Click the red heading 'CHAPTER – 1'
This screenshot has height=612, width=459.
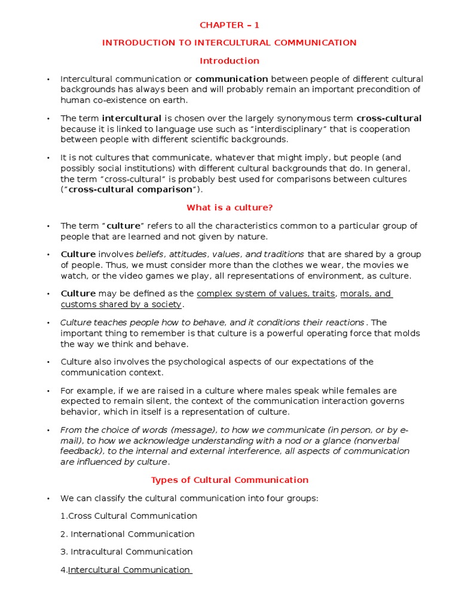click(229, 25)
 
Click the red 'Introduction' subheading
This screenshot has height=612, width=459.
click(229, 61)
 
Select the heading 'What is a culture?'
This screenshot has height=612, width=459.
click(229, 208)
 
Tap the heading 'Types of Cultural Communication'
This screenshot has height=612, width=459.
click(229, 480)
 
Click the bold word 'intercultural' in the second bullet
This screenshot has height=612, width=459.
click(131, 118)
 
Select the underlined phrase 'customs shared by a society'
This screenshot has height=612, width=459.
click(121, 305)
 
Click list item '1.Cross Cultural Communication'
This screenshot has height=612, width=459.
click(128, 516)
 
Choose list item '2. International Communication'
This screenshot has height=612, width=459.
click(127, 534)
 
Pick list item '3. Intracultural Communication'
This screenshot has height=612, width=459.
click(126, 552)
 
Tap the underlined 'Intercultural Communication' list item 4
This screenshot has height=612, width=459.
click(129, 570)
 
